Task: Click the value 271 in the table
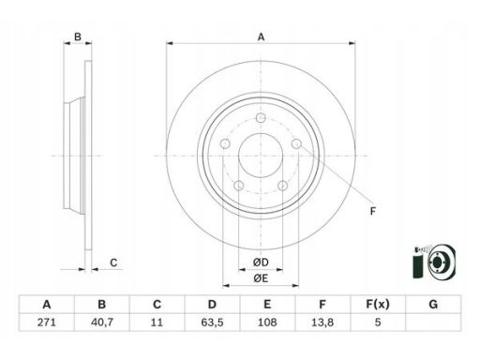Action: click(47, 322)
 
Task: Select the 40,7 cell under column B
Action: click(101, 322)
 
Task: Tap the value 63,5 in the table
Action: click(212, 322)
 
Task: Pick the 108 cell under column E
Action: click(267, 322)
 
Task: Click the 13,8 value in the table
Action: click(322, 322)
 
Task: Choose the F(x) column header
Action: click(378, 304)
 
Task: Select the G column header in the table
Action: click(433, 304)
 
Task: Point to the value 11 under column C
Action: click(157, 322)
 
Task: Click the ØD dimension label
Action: click(261, 262)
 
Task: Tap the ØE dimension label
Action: click(261, 278)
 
